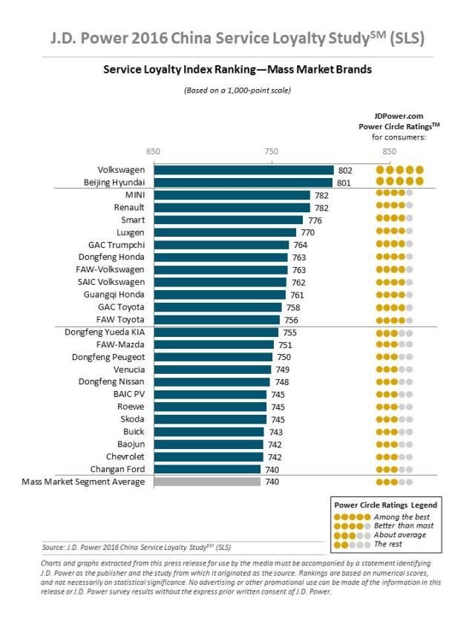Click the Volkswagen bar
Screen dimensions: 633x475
click(243, 170)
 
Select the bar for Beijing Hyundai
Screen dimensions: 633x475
click(243, 182)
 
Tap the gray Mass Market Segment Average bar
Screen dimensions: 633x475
click(207, 482)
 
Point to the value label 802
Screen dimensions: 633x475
click(344, 170)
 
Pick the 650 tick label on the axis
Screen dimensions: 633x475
click(154, 151)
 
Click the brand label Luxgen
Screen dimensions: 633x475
click(130, 232)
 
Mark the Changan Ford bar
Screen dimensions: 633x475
click(207, 469)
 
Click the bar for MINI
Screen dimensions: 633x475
click(232, 195)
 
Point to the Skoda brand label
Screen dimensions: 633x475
click(132, 419)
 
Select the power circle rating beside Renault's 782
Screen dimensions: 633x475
click(394, 208)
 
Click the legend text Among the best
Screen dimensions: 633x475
click(401, 516)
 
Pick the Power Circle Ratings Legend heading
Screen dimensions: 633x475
click(385, 505)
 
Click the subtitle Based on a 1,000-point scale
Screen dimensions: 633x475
click(237, 91)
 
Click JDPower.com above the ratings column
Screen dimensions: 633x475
click(399, 117)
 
